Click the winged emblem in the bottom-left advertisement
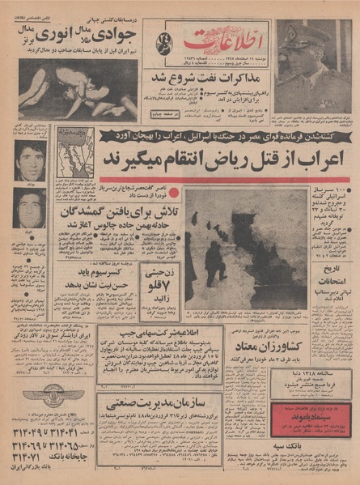(x=45, y=399)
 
